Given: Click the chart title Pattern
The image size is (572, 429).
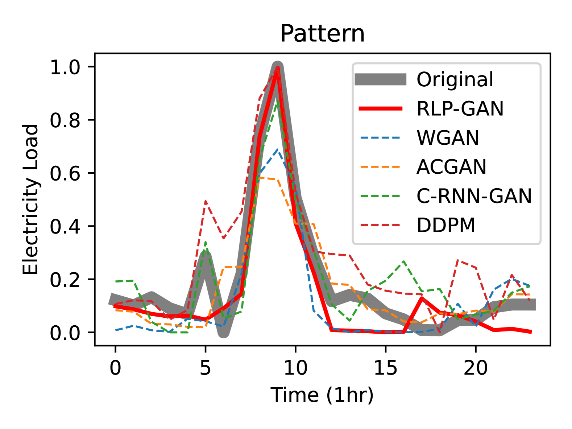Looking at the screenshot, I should click(322, 34).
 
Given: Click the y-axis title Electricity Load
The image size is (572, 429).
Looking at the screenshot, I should click(30, 199).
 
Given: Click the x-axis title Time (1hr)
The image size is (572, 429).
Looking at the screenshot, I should click(322, 395).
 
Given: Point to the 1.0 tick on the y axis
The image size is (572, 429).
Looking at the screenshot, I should click(65, 67).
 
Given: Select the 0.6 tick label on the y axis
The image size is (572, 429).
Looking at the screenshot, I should click(65, 174).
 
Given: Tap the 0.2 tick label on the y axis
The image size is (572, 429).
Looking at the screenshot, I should click(65, 280).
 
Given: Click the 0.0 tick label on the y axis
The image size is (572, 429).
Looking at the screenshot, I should click(65, 333).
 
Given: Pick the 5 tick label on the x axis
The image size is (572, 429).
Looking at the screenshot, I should click(205, 368).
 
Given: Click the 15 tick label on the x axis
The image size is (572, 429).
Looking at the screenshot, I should click(385, 368).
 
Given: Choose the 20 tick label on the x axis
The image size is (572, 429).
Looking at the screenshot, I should click(476, 368).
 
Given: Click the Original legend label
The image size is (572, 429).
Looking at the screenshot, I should click(455, 79).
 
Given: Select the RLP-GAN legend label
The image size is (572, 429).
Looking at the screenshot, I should click(460, 108).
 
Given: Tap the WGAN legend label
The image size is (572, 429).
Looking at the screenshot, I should click(448, 138).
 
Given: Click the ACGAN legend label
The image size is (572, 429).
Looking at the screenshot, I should click(451, 167).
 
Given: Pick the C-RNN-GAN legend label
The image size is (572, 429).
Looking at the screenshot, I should click(474, 196).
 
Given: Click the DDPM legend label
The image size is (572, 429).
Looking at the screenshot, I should click(446, 225).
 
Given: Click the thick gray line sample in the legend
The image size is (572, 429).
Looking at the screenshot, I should click(380, 79).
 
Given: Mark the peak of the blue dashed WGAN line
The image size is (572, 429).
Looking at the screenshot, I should click(277, 149).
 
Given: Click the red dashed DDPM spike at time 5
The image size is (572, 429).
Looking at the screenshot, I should click(206, 201).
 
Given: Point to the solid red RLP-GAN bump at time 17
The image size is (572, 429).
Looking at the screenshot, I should click(422, 298).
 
